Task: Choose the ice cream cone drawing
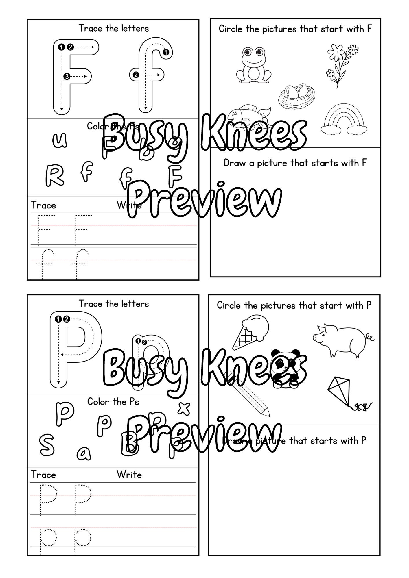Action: pyautogui.click(x=251, y=331)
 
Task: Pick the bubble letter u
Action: pyautogui.click(x=60, y=140)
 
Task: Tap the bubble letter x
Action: pyautogui.click(x=184, y=408)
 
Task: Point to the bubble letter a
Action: pyautogui.click(x=84, y=453)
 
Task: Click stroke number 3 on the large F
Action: pyautogui.click(x=67, y=77)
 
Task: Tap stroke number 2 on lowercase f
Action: pyautogui.click(x=135, y=75)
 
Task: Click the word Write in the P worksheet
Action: pyautogui.click(x=129, y=475)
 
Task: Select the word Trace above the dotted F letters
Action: pyautogui.click(x=43, y=205)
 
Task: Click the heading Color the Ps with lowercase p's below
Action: pyautogui.click(x=113, y=402)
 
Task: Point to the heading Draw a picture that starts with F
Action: pyautogui.click(x=295, y=163)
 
